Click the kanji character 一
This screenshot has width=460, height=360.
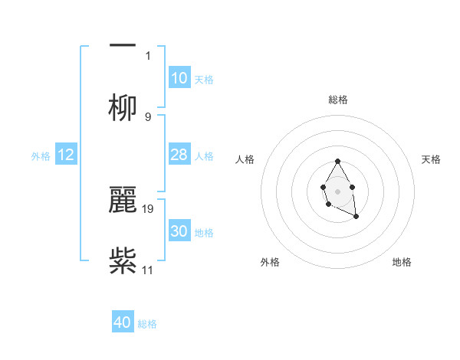click(x=123, y=45)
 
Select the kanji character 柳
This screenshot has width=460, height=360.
click(x=123, y=107)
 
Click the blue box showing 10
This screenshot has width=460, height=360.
click(x=179, y=78)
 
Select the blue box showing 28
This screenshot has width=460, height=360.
click(x=179, y=155)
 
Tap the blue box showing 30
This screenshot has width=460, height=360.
click(x=179, y=231)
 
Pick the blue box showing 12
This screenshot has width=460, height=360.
click(x=66, y=155)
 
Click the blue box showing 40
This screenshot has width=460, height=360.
click(x=122, y=323)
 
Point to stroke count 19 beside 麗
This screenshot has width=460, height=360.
click(x=148, y=208)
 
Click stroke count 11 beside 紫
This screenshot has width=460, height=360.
click(x=148, y=270)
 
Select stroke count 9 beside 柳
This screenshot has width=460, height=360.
click(x=148, y=116)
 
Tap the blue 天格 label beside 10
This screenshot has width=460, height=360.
click(x=204, y=80)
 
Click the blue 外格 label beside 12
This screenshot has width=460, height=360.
click(x=41, y=156)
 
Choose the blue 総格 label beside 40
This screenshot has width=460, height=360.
click(x=147, y=325)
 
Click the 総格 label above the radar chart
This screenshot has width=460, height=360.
click(x=338, y=100)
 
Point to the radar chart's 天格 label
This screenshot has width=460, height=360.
click(x=432, y=159)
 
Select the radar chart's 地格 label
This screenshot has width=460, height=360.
click(x=402, y=262)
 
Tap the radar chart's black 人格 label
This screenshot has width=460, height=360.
click(x=245, y=159)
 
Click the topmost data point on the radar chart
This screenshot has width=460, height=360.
click(x=337, y=161)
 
